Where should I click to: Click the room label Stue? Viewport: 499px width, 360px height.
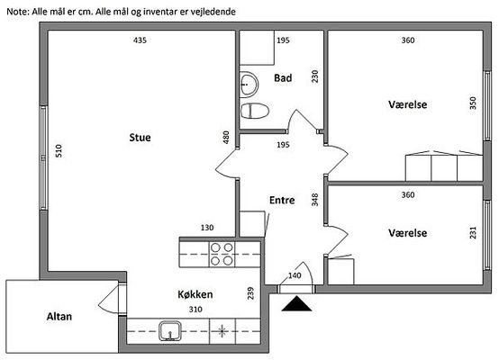140,138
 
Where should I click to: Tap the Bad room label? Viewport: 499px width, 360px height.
283,78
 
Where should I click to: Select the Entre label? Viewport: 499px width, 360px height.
282,200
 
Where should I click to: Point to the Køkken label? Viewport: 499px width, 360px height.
195,294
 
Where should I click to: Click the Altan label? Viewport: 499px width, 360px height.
59,317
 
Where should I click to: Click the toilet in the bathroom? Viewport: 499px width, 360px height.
255,111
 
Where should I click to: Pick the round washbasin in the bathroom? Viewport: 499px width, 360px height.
249,85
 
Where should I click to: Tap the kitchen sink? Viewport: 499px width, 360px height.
170,331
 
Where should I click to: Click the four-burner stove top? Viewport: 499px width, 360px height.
222,254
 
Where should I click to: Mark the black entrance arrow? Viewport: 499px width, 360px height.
296,303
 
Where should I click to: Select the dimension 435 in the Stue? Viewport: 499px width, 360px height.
140,40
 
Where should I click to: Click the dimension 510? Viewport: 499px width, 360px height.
59,150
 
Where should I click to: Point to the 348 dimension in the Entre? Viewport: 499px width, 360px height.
314,200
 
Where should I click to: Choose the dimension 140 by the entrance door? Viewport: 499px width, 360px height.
295,275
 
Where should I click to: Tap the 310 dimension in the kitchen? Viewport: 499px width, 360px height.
195,309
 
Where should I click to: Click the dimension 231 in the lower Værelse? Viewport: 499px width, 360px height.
473,232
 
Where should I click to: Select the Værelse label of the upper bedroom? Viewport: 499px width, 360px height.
408,104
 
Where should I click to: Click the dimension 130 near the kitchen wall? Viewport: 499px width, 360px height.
207,228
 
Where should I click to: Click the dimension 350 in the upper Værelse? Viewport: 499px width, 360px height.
473,103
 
